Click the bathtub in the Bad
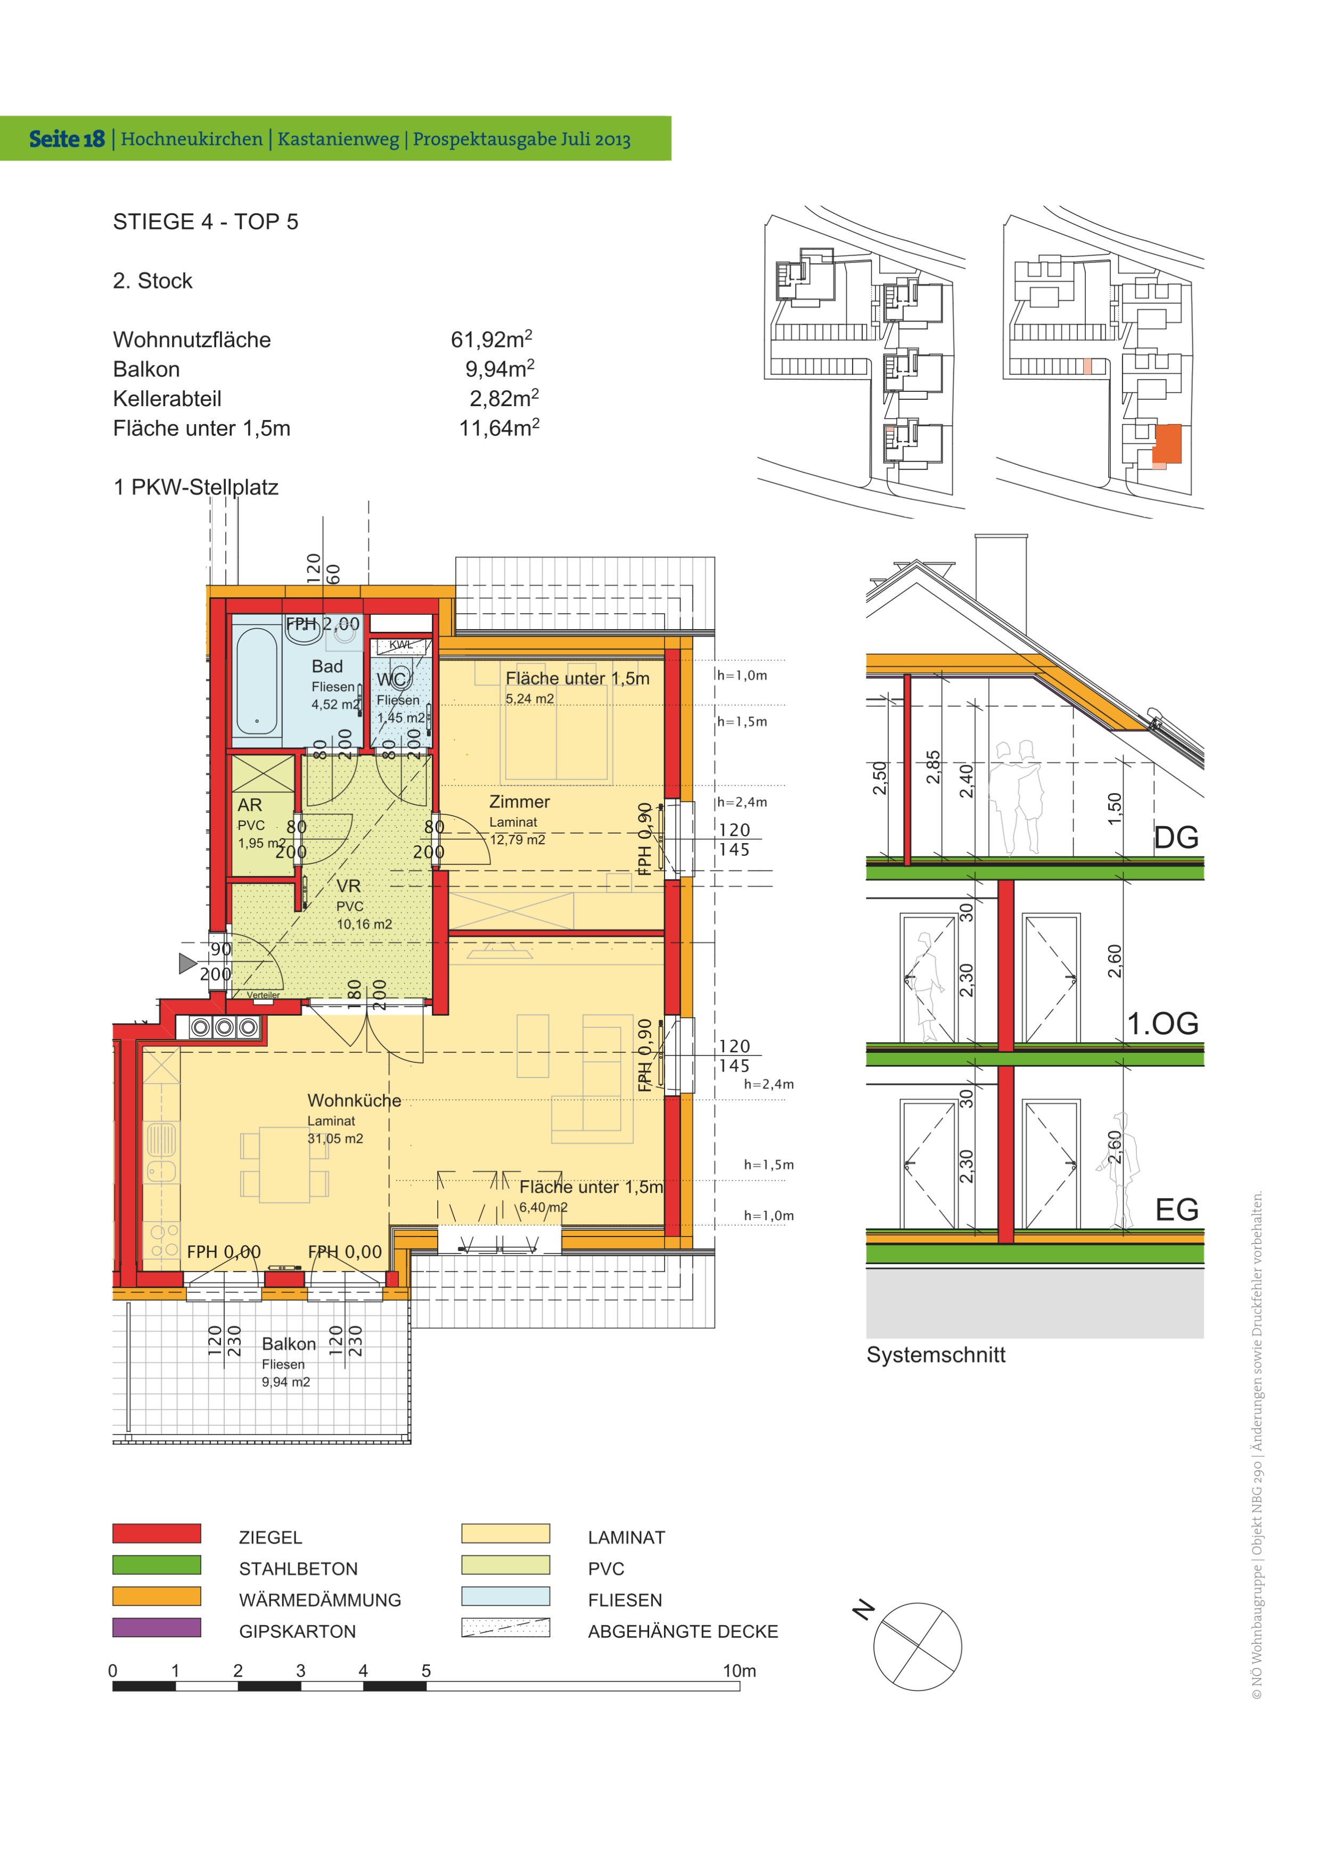(x=257, y=681)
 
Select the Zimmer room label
(x=519, y=802)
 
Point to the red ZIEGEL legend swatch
(x=157, y=1534)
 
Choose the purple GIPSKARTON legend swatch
(x=157, y=1628)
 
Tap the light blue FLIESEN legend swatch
(x=505, y=1596)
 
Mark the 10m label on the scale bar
(x=739, y=1671)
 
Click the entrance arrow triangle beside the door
(x=187, y=963)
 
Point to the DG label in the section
(x=1176, y=837)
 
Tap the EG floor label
(x=1177, y=1210)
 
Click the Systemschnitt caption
(x=936, y=1355)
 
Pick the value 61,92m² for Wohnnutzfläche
(x=492, y=339)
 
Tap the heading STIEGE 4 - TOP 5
(x=206, y=221)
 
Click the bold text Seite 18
(x=67, y=139)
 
